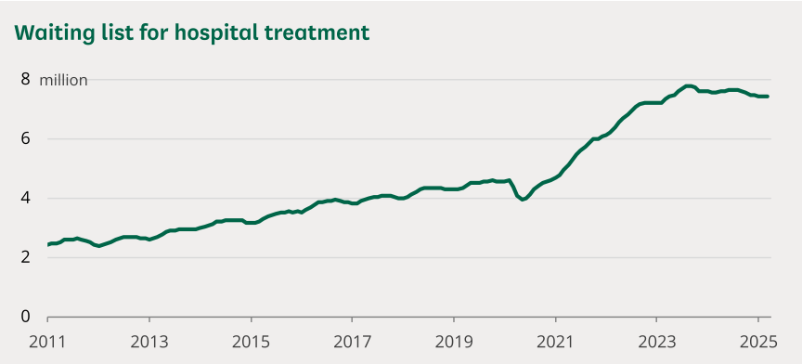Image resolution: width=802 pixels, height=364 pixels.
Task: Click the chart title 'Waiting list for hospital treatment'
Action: tap(191, 33)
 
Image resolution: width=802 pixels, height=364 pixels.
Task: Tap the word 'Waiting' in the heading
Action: tap(52, 33)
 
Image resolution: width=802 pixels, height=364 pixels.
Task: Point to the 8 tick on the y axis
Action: tap(25, 80)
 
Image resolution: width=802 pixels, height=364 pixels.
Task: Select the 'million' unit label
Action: tap(63, 80)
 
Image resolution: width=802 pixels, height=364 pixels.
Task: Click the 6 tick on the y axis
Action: tap(25, 139)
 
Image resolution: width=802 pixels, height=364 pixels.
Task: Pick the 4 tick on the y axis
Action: tap(25, 198)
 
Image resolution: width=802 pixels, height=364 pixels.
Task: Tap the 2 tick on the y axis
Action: tap(25, 257)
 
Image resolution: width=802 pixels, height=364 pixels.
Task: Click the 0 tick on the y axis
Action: tap(25, 317)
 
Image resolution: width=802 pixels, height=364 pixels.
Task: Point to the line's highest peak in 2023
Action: tap(689, 85)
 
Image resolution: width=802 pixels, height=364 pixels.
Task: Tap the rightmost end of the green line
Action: tap(768, 97)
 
